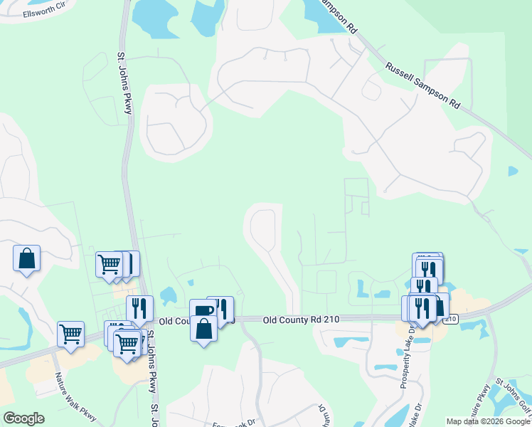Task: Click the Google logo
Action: click(23, 418)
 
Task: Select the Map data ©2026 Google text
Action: click(488, 421)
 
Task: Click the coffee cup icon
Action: click(202, 311)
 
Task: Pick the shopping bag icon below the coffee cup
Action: click(204, 329)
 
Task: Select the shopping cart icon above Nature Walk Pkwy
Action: click(70, 333)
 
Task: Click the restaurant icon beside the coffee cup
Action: click(222, 307)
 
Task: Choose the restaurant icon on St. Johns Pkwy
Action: click(139, 307)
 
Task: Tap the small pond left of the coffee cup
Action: click(168, 295)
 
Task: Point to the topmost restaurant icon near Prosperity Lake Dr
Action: click(429, 270)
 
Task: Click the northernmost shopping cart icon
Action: click(110, 263)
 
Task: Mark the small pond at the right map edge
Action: click(514, 172)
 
